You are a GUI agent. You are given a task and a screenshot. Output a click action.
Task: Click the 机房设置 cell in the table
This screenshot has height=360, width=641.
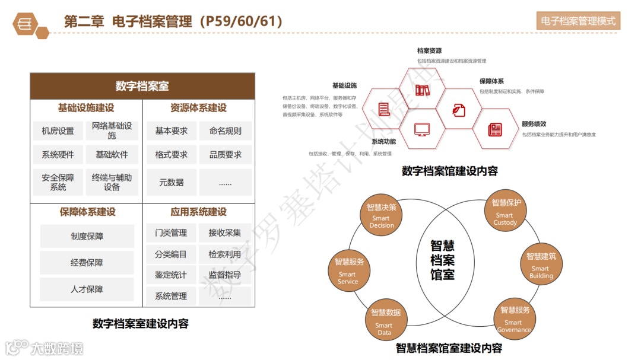[x=58, y=131]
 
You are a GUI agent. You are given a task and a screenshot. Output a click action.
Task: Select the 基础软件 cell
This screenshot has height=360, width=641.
[x=112, y=155]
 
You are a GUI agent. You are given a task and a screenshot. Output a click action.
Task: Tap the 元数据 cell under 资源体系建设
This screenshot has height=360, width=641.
[x=171, y=183]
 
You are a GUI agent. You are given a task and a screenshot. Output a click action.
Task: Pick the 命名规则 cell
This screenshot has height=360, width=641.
[x=225, y=131]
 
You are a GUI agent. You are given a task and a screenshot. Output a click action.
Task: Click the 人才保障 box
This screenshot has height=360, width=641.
[x=87, y=289]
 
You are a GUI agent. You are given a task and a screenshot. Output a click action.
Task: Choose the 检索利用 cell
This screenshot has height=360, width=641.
[x=225, y=254]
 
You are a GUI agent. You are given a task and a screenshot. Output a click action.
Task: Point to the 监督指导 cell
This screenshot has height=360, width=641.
[x=225, y=275]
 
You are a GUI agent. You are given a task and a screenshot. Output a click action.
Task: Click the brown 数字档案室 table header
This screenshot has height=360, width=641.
[x=142, y=87]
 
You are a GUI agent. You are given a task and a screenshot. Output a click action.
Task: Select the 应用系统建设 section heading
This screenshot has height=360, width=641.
[x=198, y=212]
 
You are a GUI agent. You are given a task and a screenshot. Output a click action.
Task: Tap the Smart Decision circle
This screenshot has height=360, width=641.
[x=381, y=216]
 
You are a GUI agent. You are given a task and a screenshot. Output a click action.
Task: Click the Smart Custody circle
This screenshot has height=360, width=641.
[x=506, y=212]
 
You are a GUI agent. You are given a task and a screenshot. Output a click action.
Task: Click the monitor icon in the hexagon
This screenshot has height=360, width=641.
[x=422, y=129]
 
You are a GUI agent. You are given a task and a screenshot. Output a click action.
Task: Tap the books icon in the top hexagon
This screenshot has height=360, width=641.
[x=422, y=91]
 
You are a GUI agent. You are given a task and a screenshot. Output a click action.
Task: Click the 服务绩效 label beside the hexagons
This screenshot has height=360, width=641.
[x=534, y=124]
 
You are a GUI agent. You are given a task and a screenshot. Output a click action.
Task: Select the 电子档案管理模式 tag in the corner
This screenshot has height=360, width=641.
[x=578, y=21]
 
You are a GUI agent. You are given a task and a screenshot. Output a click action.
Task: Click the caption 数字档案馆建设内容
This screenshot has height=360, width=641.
[x=450, y=171]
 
